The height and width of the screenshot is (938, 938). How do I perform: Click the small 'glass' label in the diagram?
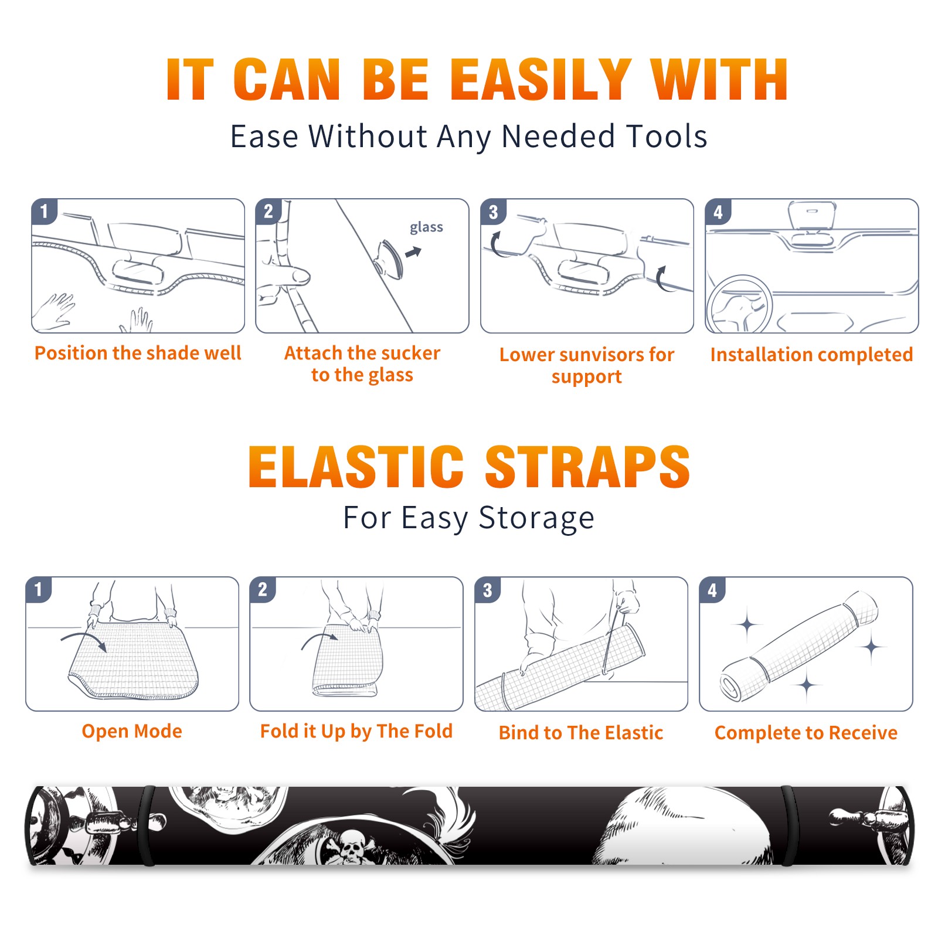[x=426, y=227]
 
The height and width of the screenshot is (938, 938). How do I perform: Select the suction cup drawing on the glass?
[x=389, y=259]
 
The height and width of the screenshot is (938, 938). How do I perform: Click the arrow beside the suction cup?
[x=414, y=252]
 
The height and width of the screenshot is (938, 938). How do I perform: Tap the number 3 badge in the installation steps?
[x=493, y=212]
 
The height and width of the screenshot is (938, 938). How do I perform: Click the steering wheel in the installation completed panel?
[x=739, y=305]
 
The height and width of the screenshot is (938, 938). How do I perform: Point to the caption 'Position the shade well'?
[x=138, y=353]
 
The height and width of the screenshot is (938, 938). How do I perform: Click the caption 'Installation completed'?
[x=811, y=355]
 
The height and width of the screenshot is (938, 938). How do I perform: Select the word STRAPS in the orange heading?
[x=587, y=467]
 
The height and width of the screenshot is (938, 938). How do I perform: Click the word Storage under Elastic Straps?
[x=536, y=518]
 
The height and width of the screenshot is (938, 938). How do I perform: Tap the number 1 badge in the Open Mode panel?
[x=39, y=589]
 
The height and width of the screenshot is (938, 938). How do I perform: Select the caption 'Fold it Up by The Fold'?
[x=356, y=732]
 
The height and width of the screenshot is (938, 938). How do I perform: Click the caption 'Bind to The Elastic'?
[x=581, y=733]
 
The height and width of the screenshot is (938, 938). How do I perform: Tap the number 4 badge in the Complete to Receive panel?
[x=712, y=590]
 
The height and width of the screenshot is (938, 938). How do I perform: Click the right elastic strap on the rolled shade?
[x=790, y=826]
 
